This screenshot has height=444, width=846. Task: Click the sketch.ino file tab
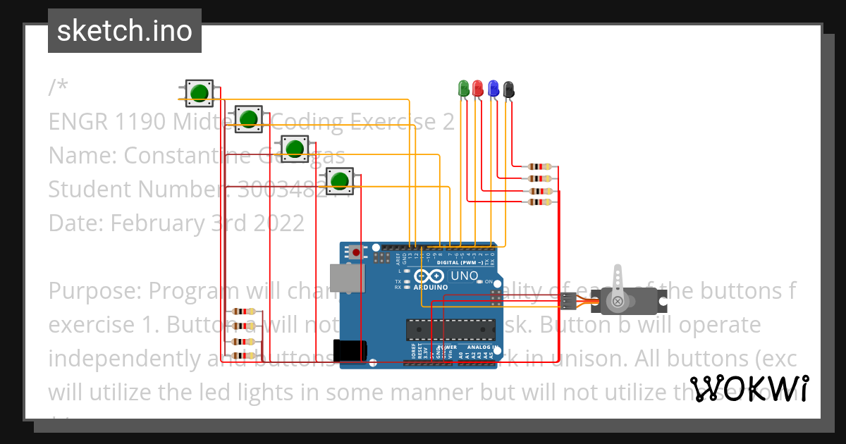click(x=125, y=31)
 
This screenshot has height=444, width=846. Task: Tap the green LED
click(x=464, y=88)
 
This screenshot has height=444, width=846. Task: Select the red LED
click(x=478, y=88)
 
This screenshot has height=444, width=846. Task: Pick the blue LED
click(x=493, y=88)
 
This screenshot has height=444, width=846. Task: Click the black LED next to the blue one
click(x=508, y=89)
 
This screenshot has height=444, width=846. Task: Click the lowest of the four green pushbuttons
click(x=340, y=181)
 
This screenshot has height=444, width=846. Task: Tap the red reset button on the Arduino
click(x=356, y=252)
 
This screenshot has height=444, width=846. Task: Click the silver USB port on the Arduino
click(x=347, y=278)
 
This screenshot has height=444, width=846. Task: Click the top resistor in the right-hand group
click(x=540, y=167)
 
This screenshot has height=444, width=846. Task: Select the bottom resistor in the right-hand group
click(x=540, y=203)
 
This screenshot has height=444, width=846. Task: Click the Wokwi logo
click(x=749, y=388)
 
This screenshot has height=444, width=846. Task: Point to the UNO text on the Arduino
click(x=464, y=276)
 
